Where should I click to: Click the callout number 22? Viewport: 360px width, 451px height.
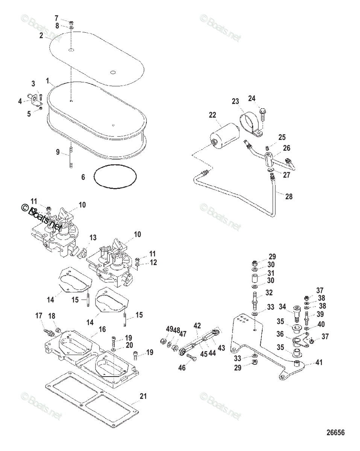pos(213,115)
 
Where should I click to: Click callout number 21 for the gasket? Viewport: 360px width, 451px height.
pos(143,396)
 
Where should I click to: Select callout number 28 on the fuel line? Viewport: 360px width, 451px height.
pos(289,196)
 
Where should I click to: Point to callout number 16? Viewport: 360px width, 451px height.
pos(102,330)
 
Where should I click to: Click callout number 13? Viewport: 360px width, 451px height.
pos(93,238)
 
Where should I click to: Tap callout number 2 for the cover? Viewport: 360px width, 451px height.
pos(41,36)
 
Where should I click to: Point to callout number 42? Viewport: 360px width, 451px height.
pos(197,325)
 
